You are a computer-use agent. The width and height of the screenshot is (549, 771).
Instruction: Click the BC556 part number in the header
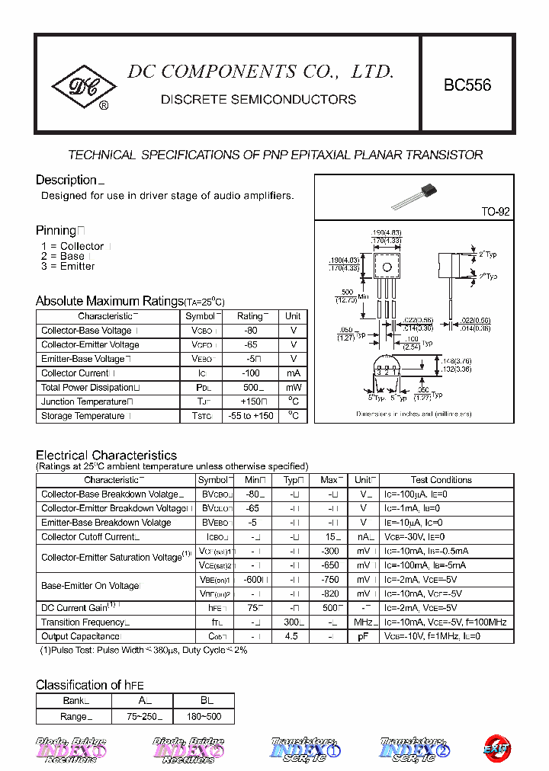(x=467, y=85)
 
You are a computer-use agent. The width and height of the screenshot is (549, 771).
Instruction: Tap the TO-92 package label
(x=495, y=212)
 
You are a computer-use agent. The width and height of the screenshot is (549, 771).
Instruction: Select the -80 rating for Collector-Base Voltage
(x=249, y=331)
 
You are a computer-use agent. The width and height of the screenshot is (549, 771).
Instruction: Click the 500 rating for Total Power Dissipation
(x=249, y=387)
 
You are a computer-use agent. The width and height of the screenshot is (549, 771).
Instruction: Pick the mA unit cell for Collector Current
(x=293, y=373)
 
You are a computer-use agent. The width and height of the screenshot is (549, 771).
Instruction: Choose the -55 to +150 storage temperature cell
(x=249, y=416)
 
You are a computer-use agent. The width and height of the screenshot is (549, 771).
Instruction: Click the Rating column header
(x=249, y=316)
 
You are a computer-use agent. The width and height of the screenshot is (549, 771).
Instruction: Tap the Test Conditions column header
(x=441, y=480)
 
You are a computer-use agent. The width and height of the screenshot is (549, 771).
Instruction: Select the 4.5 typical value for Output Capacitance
(x=291, y=637)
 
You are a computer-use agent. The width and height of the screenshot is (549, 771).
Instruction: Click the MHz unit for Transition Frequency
(x=363, y=622)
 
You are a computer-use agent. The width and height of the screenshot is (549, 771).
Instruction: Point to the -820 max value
(x=329, y=593)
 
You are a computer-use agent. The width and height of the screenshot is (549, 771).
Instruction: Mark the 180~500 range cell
(x=204, y=716)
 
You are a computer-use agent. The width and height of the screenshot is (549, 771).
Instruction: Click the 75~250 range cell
(x=144, y=716)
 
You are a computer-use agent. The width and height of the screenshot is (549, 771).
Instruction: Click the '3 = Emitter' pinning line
(x=68, y=267)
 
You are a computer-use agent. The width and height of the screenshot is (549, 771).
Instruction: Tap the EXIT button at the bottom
(x=497, y=748)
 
